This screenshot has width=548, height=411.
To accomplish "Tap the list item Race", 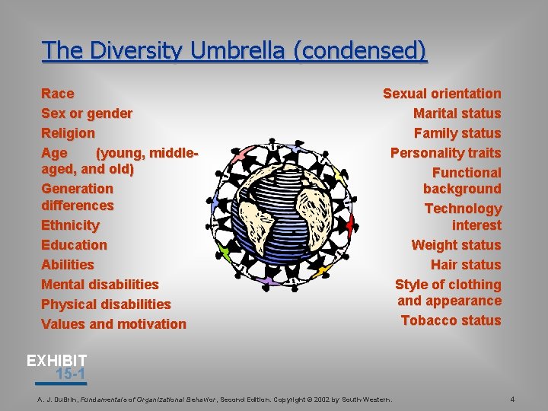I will tap(58, 94).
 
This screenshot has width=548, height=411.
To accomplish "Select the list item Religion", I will tap(68, 133).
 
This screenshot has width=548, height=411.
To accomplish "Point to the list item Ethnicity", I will tap(70, 225).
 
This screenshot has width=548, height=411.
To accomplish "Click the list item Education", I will tap(74, 245).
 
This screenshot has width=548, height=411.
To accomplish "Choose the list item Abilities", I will tap(68, 265).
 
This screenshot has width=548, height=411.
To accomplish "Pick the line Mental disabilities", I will tap(100, 285).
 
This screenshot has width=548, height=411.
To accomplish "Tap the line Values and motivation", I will tap(113, 324).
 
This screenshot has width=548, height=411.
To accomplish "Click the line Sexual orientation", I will tap(441, 94).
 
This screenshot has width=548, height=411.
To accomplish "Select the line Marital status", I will tap(457, 113).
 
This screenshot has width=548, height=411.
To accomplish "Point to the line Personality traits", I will tap(445, 153).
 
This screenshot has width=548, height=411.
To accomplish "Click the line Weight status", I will tap(456, 245).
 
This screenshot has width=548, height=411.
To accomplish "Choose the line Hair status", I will tap(466, 265).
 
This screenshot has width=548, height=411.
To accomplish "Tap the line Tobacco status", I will tap(451, 320).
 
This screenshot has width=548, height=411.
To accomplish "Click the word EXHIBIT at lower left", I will tap(57, 360).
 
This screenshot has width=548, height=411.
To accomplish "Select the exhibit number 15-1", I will tap(70, 374).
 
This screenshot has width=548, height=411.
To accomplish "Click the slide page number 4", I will tap(512, 400).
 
